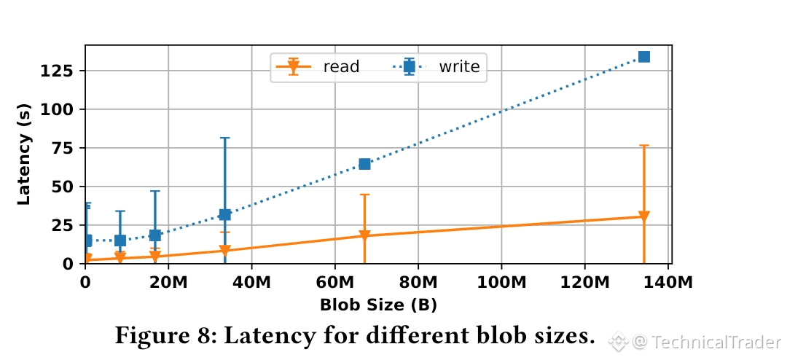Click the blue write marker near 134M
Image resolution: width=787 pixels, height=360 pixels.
[x=643, y=57]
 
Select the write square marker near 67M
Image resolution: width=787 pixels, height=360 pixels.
[x=364, y=164]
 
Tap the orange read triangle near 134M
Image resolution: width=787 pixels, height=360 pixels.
[x=643, y=216]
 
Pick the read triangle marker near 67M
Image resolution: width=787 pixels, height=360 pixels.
[x=364, y=236]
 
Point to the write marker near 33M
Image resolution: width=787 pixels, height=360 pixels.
[x=224, y=214]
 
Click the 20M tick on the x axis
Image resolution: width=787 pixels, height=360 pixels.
[x=168, y=281]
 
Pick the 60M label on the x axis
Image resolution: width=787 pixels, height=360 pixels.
[x=334, y=281]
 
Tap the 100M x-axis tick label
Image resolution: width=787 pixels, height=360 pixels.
[x=501, y=281]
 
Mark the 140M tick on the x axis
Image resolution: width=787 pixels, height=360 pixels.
[x=667, y=281]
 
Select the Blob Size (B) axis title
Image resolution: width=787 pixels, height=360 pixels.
[x=378, y=305]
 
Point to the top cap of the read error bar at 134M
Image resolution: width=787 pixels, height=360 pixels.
[x=643, y=146]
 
